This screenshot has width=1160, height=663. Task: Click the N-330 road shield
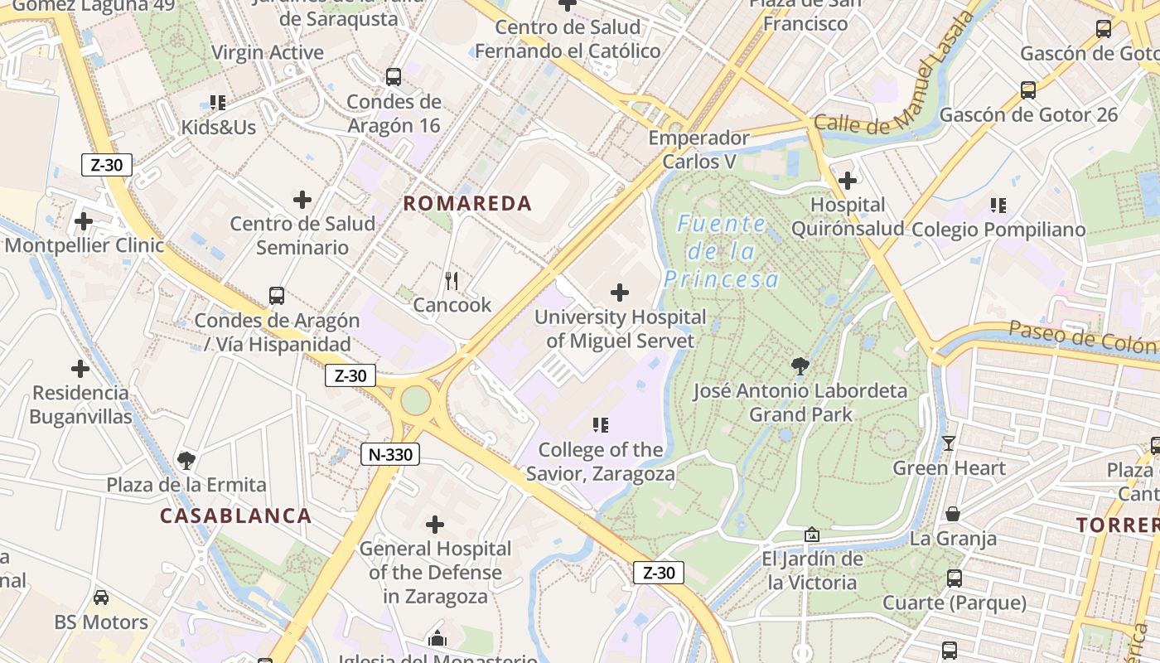coord(390,454)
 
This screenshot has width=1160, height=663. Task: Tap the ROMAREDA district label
coord(467,203)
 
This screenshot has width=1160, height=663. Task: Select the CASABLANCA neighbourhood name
coord(235,515)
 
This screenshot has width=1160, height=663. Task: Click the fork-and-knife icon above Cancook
coord(452,281)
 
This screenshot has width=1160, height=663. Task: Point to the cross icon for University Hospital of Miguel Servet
coord(619,293)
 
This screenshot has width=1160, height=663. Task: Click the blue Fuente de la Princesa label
coord(722,251)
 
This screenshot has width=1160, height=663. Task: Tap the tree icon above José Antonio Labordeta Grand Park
coord(800,366)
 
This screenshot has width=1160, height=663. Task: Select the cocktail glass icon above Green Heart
coord(949,443)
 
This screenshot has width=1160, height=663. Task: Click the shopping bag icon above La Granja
coord(953,514)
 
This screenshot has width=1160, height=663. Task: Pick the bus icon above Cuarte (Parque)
coord(955,578)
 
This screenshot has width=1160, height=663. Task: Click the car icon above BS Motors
coord(101,598)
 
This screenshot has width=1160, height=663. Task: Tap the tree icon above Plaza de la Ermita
coord(186,460)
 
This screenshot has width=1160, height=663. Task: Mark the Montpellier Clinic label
coord(85,245)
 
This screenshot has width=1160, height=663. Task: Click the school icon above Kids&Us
coord(218,103)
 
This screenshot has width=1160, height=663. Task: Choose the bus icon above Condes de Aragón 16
coord(394,77)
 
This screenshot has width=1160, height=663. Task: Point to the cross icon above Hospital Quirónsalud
coord(847,180)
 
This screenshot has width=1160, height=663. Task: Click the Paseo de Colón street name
coord(1081,338)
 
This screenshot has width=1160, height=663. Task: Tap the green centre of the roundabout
coord(416,400)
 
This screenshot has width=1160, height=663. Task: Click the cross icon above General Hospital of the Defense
coord(435,524)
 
